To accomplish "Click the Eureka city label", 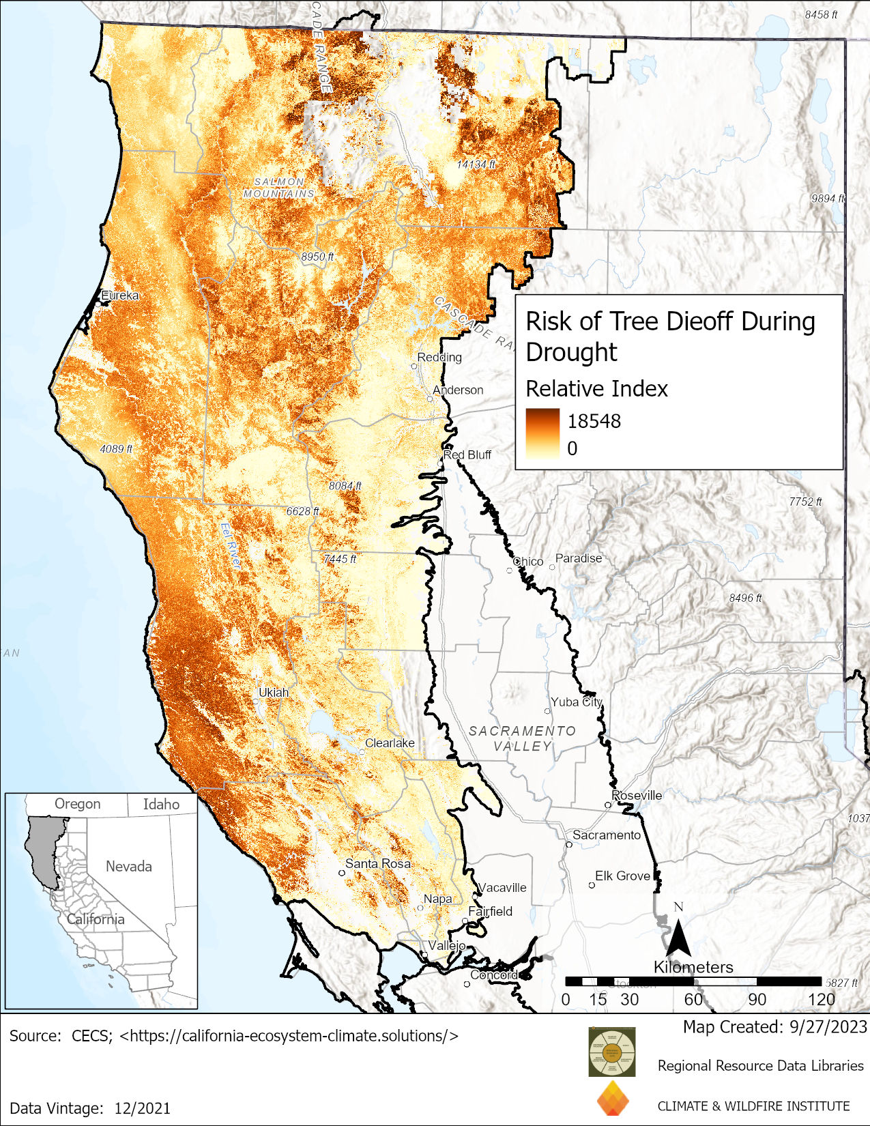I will click(120, 295).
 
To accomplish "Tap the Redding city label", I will click(439, 357).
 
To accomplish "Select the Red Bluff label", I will click(467, 454).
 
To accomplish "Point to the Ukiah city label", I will click(274, 692).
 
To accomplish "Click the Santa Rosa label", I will click(378, 863).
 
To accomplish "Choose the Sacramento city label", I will click(607, 835).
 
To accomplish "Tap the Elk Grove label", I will click(622, 876).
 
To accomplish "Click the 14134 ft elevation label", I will click(476, 164).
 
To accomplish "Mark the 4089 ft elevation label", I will click(116, 448).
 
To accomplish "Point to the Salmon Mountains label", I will click(279, 188).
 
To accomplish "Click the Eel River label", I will click(231, 545).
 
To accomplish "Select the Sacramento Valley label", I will click(522, 738).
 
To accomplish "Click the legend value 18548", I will click(594, 421).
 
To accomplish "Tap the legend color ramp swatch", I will click(542, 434).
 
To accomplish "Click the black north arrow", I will click(678, 938).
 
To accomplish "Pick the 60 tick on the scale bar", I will click(693, 999).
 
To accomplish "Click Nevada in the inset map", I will click(128, 866).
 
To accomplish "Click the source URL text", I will click(289, 1036).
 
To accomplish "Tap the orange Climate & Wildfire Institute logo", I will click(613, 1099).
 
